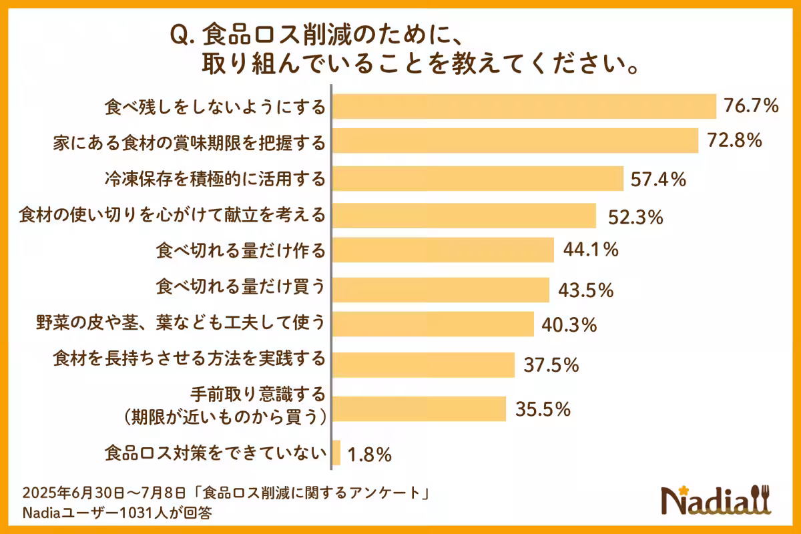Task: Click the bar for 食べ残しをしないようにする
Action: click(524, 106)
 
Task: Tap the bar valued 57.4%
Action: click(478, 178)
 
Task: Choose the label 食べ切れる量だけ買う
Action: click(240, 288)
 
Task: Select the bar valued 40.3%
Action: click(433, 324)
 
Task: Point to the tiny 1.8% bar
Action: click(336, 453)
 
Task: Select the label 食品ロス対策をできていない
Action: click(215, 453)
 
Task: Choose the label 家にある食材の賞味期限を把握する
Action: click(189, 143)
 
